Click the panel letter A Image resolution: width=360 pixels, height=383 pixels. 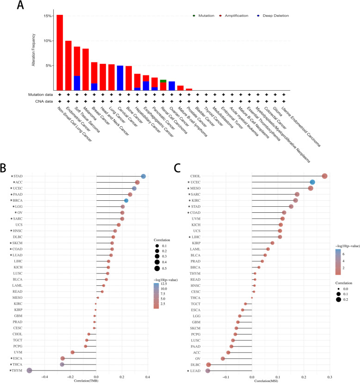pyautogui.click(x=21, y=6)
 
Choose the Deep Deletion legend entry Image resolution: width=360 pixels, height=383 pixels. pyautogui.click(x=274, y=16)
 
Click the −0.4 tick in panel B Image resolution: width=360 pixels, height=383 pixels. pyautogui.click(x=45, y=376)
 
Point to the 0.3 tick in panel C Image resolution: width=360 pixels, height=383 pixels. pyautogui.click(x=329, y=377)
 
